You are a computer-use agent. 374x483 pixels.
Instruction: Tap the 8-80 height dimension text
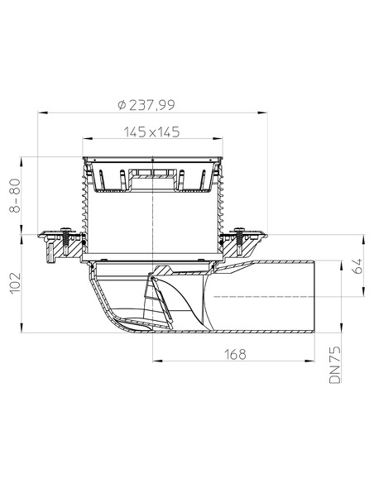[x=16, y=195]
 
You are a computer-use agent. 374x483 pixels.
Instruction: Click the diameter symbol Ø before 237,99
[x=122, y=105]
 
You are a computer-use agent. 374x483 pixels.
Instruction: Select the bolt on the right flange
[x=242, y=239]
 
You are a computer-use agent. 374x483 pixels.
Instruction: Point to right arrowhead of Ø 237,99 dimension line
[x=263, y=112]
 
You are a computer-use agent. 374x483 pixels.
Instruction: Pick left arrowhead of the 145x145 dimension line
[x=86, y=139]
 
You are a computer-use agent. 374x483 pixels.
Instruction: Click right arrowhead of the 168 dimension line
[x=316, y=361]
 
